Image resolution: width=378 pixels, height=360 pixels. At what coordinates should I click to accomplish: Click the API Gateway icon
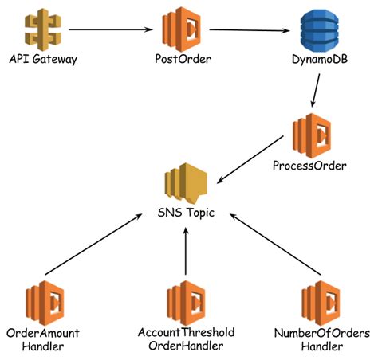coord(37,30)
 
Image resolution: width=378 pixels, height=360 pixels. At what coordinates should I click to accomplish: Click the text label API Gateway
coord(38,60)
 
